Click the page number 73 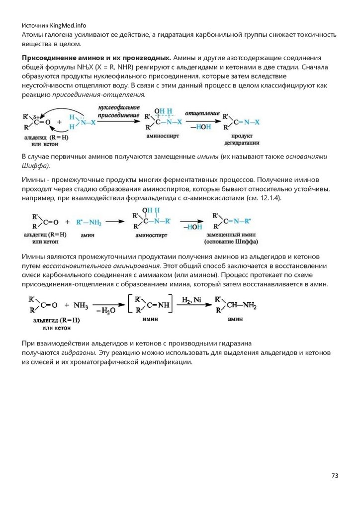(335, 476)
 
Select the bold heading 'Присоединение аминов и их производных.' (97, 58)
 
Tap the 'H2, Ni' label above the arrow (191, 300)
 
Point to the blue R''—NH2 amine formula (90, 222)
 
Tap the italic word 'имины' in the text (207, 157)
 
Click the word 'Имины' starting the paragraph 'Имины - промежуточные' (33, 179)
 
